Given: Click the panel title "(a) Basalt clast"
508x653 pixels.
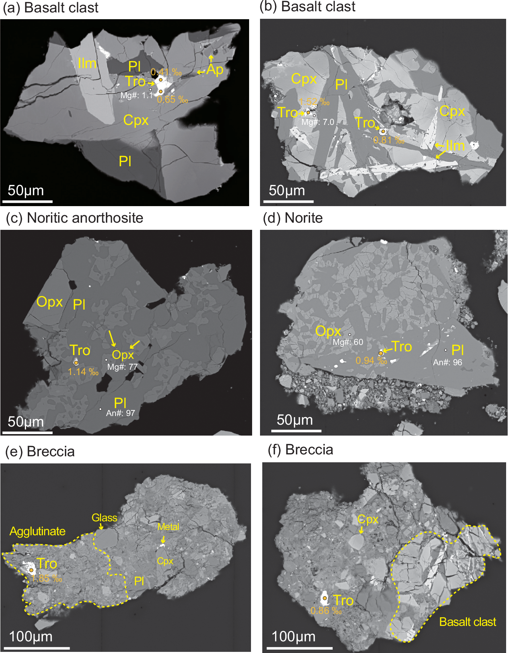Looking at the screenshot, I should pyautogui.click(x=50, y=8).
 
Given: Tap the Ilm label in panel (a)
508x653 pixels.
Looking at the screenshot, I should pyautogui.click(x=87, y=64).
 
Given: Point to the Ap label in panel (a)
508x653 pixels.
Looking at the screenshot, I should pyautogui.click(x=215, y=69).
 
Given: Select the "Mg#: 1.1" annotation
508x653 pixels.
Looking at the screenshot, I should pyautogui.click(x=136, y=96).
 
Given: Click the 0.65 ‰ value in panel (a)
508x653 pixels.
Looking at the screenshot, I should pyautogui.click(x=172, y=100).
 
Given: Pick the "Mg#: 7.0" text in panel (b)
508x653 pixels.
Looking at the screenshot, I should pyautogui.click(x=318, y=122).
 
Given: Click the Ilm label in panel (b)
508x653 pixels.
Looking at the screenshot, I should pyautogui.click(x=455, y=146).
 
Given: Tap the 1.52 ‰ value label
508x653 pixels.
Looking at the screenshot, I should pyautogui.click(x=315, y=102).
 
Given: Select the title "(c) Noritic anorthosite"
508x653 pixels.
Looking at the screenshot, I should pyautogui.click(x=75, y=218).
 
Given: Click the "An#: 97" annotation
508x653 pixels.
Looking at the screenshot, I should pyautogui.click(x=120, y=413).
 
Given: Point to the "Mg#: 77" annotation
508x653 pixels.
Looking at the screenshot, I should pyautogui.click(x=123, y=367).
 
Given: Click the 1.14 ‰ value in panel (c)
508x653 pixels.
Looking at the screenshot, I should pyautogui.click(x=83, y=372).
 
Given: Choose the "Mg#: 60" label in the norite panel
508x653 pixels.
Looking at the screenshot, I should pyautogui.click(x=348, y=342).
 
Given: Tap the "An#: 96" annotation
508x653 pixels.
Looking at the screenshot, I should pyautogui.click(x=447, y=362).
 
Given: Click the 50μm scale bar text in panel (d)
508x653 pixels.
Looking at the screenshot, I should pyautogui.click(x=295, y=420).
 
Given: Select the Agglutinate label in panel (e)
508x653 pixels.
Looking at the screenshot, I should pyautogui.click(x=38, y=531).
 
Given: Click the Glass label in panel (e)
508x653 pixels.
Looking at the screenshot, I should pyautogui.click(x=104, y=518).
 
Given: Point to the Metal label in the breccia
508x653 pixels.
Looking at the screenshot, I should pyautogui.click(x=168, y=527).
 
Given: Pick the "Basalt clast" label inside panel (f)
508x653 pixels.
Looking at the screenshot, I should pyautogui.click(x=468, y=622).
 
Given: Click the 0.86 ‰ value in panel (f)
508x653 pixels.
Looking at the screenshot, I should pyautogui.click(x=326, y=610).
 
